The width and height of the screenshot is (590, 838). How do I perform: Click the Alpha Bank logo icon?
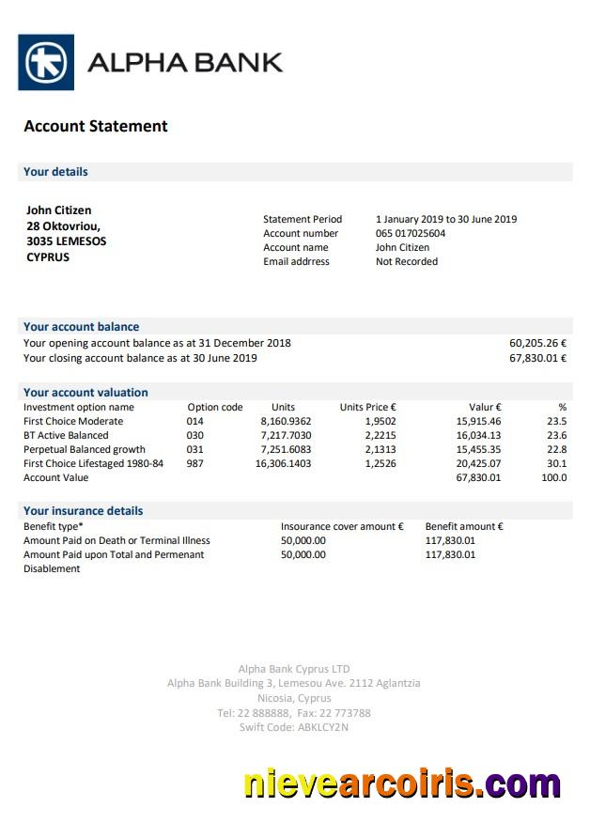[x=46, y=62]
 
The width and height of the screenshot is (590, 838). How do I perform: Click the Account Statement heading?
[x=96, y=126]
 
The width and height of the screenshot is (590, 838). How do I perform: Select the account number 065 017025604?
[x=411, y=233]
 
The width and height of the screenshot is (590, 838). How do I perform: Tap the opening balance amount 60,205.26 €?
[x=537, y=343]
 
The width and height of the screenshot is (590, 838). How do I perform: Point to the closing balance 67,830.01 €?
[x=537, y=358]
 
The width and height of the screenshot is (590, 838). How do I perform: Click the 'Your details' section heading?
[x=55, y=172]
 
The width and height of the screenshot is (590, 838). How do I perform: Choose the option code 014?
[x=194, y=421]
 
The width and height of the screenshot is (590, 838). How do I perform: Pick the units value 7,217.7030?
[x=286, y=435]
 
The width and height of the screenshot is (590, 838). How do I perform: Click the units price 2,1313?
[x=380, y=449]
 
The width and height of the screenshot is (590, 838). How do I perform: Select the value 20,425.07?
[x=478, y=463]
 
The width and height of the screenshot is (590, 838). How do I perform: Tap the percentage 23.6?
[x=556, y=435]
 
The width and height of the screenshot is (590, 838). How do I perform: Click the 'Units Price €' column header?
[x=367, y=407]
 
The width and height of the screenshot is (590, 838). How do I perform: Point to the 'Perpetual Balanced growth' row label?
[x=85, y=449]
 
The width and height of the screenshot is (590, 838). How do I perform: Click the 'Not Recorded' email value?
[x=407, y=261]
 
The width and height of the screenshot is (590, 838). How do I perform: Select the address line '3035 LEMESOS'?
[x=66, y=241]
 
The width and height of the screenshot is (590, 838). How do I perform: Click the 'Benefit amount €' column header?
[x=464, y=526]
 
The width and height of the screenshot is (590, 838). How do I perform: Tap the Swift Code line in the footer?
[x=294, y=727]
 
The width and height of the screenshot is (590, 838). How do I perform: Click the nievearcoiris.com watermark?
[x=402, y=784]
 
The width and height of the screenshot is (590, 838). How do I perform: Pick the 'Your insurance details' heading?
[x=84, y=511]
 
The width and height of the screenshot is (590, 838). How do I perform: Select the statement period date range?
[x=446, y=219]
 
